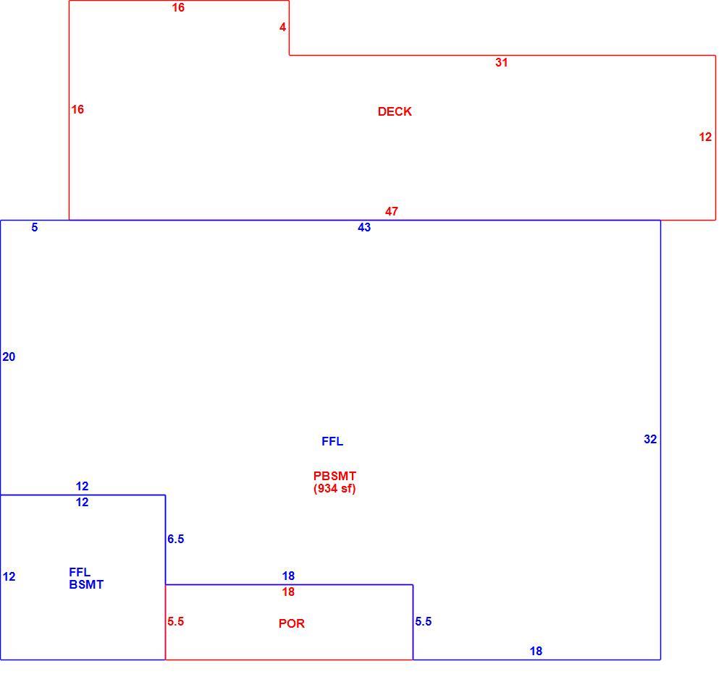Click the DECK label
pos(395,111)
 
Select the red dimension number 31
pos(502,63)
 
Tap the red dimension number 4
pos(282,27)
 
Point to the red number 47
pos(392,211)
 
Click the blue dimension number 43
pos(364,227)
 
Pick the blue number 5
pos(35,227)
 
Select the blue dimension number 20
pos(9,357)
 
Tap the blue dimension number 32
pos(650,439)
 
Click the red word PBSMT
pos(334,476)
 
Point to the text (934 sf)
pos(334,489)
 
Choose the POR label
pos(292,623)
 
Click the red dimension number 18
pos(288,592)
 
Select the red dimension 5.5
pos(176,621)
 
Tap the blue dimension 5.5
pos(424,621)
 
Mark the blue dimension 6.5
pos(176,539)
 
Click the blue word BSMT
pos(86,584)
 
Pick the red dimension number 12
pos(705,137)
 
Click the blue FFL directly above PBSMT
pos(332,441)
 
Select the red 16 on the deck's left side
pos(77,109)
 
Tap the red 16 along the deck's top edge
pos(178,7)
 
